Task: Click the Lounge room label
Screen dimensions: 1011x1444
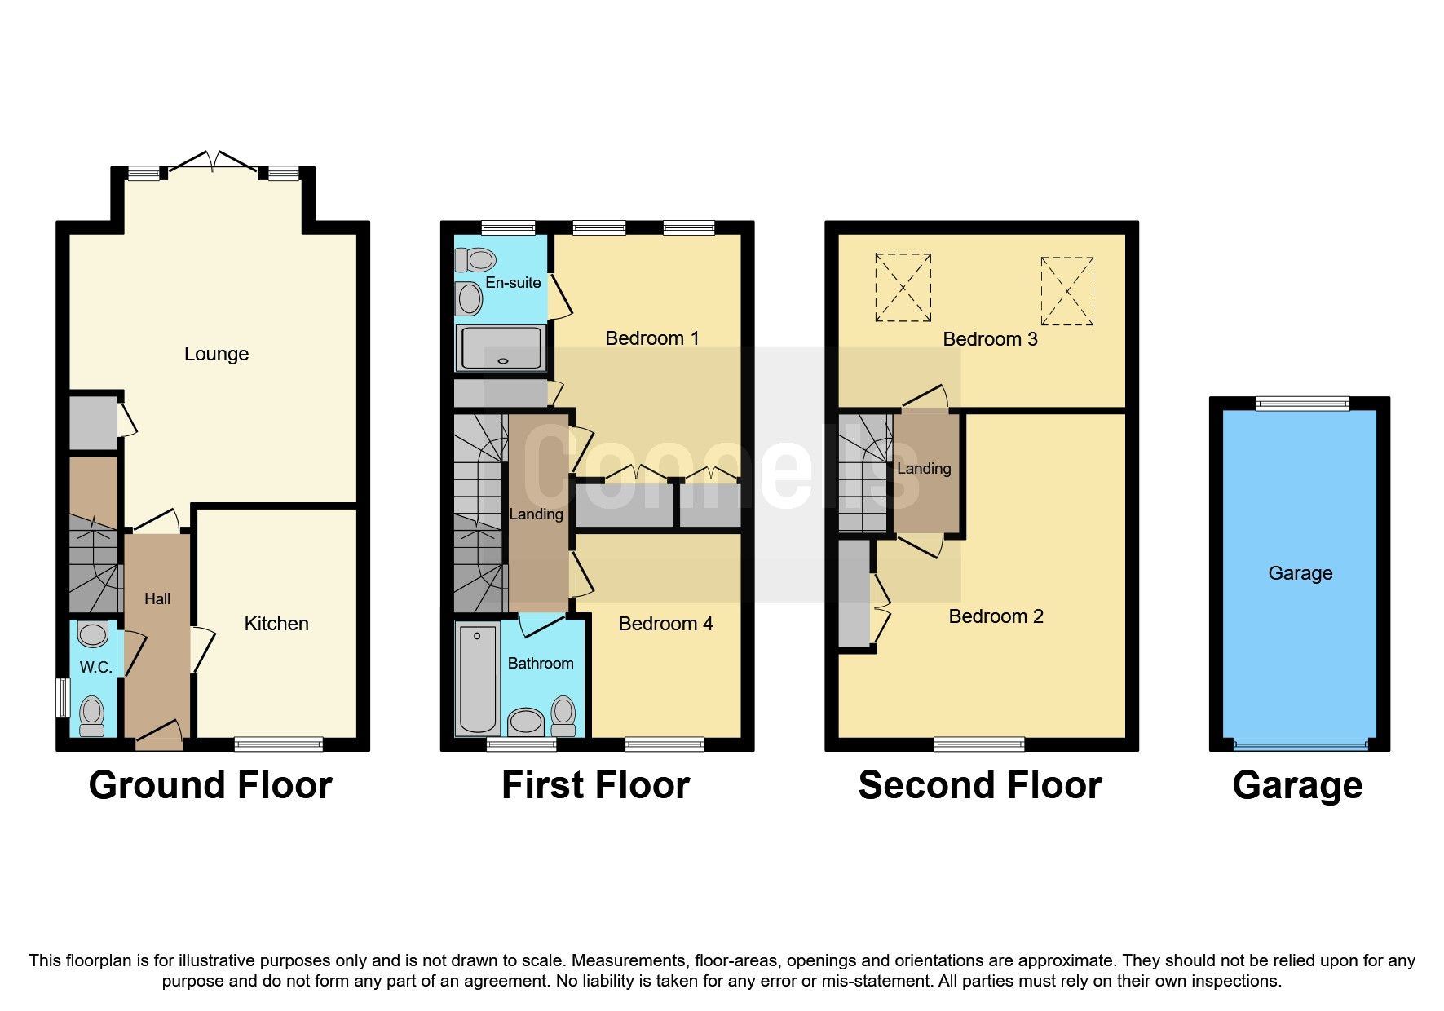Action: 216,354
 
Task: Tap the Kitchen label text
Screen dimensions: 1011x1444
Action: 276,624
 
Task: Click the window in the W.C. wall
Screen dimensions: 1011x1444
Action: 62,698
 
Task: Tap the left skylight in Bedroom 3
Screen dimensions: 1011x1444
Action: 903,287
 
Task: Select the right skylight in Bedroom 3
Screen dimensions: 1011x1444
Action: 1066,291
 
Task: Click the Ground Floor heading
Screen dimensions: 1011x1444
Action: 210,785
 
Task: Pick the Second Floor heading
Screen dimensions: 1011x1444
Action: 979,785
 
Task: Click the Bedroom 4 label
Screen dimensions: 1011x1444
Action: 665,624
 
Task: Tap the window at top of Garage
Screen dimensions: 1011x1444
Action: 1302,403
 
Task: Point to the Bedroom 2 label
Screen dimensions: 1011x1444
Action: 996,616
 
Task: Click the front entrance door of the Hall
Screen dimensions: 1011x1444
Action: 158,735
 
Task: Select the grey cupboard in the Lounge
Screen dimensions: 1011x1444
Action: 92,422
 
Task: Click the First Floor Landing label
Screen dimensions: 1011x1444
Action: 536,514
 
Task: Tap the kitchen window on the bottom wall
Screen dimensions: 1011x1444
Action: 278,744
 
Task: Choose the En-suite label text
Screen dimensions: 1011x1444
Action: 513,283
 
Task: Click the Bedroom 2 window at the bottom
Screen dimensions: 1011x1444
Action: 978,744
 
